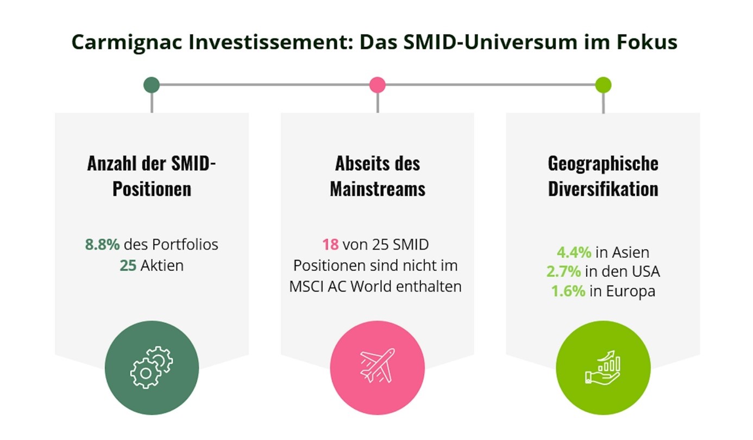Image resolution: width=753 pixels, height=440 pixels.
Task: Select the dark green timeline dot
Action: pos(152,85)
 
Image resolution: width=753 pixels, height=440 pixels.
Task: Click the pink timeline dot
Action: pos(377,85)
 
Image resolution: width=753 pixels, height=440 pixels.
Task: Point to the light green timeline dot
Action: pos(603,85)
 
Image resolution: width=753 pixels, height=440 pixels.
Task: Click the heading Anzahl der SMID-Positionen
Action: pos(152,176)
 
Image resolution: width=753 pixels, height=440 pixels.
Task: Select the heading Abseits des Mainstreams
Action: pos(377,176)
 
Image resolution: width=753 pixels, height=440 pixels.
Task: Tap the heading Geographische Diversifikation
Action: pos(603,176)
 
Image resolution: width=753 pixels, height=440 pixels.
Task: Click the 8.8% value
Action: pos(102,245)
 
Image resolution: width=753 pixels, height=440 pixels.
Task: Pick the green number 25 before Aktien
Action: pos(128,265)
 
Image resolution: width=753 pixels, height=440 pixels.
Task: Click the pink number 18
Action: pos(330,245)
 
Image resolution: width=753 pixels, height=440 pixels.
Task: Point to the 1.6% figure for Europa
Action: pos(568,291)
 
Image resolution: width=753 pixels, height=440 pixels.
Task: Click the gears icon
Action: pos(152,367)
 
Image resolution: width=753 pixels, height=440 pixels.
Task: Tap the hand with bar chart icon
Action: pos(603,367)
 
